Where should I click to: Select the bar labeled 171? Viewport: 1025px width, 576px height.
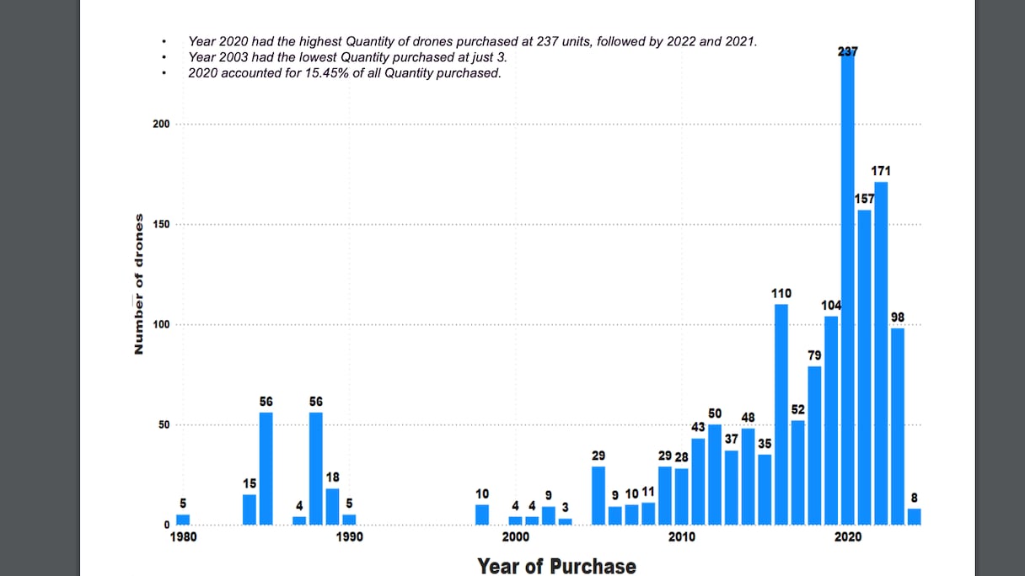[x=881, y=354]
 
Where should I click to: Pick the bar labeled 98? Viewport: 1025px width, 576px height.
[x=898, y=426]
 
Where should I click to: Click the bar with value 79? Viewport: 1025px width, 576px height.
[x=814, y=445]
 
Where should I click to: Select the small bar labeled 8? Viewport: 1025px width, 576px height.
[x=915, y=517]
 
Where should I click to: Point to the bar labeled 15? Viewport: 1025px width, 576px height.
[x=250, y=509]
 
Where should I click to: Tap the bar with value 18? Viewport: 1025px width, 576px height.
[x=332, y=507]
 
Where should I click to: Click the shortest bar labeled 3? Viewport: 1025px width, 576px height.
[x=566, y=522]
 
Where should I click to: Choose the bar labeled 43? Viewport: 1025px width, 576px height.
[x=698, y=482]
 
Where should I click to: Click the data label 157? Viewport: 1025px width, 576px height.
[x=865, y=199]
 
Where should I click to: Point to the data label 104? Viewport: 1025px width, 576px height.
[x=831, y=305]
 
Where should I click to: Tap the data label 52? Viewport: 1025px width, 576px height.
[x=798, y=409]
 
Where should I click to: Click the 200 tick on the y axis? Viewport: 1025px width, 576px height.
[x=160, y=124]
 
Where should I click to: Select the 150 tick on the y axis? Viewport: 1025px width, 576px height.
[x=160, y=225]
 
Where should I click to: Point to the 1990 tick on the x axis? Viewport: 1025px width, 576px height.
[x=349, y=537]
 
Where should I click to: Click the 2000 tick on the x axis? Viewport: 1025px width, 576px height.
[x=516, y=537]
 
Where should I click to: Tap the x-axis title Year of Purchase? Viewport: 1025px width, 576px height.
[x=556, y=565]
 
